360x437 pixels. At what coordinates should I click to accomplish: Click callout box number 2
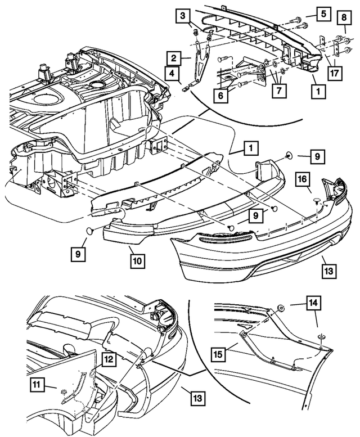(x=174, y=58)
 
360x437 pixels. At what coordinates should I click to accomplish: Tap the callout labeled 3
(x=183, y=15)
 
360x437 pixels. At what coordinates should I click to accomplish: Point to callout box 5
(x=323, y=13)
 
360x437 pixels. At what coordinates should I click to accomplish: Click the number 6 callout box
(x=221, y=96)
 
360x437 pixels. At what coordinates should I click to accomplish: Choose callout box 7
(x=279, y=90)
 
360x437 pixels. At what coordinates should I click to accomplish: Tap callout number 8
(x=344, y=17)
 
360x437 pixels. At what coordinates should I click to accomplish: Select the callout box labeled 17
(x=335, y=73)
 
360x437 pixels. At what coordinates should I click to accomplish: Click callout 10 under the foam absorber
(x=138, y=261)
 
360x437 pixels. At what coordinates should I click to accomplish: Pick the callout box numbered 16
(x=303, y=179)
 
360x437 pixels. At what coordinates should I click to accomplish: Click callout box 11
(x=37, y=385)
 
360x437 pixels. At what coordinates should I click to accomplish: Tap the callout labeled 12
(x=109, y=359)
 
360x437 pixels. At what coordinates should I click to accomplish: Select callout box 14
(x=314, y=303)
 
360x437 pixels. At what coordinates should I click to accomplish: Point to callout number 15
(x=218, y=354)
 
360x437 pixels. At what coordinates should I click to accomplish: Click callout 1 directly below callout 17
(x=318, y=91)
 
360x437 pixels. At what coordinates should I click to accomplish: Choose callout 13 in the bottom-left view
(x=198, y=398)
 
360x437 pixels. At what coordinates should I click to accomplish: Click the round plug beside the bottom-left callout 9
(x=90, y=231)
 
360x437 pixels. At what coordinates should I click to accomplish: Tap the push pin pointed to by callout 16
(x=317, y=201)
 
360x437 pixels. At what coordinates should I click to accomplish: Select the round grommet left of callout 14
(x=281, y=309)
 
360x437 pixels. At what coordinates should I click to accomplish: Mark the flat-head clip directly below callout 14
(x=321, y=337)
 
